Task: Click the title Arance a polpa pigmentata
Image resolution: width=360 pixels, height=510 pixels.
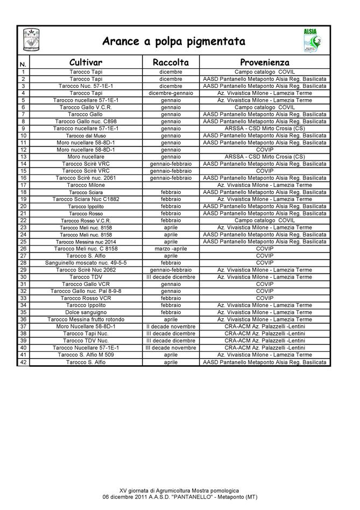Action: [174, 41]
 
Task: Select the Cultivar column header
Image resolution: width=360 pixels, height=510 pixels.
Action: [86, 62]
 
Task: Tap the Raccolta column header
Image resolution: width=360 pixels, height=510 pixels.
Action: [171, 62]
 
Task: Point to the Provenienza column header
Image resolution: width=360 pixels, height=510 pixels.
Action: [264, 62]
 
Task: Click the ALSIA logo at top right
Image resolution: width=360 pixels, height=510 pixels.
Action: [310, 40]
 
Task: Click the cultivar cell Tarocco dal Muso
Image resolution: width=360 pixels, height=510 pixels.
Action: [86, 136]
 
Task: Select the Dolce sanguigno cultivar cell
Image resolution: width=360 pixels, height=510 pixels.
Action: [86, 312]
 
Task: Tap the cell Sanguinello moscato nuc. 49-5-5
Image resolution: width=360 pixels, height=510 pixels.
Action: [86, 263]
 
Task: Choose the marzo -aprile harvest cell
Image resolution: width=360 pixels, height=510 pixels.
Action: [171, 249]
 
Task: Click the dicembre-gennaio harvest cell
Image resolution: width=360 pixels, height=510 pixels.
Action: [171, 93]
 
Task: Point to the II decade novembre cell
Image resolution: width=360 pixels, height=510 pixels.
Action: [171, 326]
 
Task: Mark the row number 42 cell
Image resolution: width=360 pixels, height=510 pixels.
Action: [23, 362]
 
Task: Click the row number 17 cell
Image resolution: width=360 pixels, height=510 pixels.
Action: [23, 185]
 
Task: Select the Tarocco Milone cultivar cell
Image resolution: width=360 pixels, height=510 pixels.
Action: [86, 185]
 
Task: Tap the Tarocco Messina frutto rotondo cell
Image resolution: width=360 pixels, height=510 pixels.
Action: [86, 319]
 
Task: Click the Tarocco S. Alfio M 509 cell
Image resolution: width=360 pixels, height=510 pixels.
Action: [86, 355]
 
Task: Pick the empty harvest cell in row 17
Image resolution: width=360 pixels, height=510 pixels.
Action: [171, 185]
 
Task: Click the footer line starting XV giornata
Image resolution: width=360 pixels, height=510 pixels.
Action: [179, 491]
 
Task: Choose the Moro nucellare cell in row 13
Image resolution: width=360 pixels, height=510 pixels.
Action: [86, 157]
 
